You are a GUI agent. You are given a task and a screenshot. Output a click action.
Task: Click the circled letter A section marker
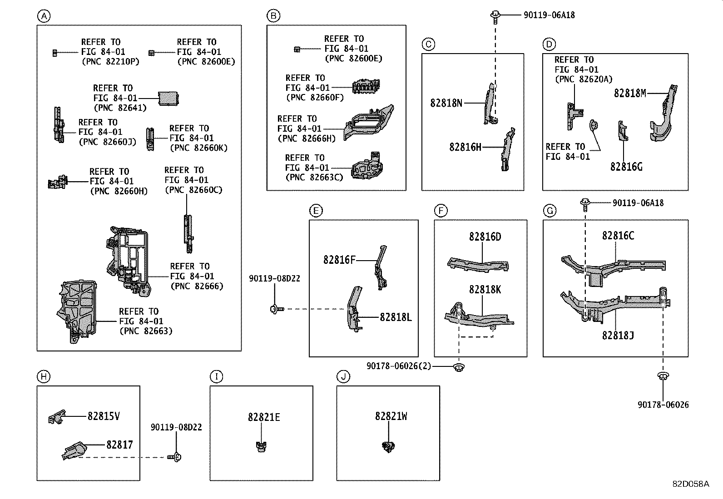click(x=44, y=17)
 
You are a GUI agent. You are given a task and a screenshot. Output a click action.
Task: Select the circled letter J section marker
click(x=343, y=376)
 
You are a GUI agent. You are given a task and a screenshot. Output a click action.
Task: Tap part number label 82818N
click(x=446, y=103)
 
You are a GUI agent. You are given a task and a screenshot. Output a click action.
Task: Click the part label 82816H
click(x=465, y=147)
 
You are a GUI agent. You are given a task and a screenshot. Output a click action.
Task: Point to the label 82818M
click(x=629, y=93)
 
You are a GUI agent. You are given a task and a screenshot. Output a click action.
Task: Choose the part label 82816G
click(x=626, y=167)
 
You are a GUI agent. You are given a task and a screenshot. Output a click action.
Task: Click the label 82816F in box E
click(x=339, y=260)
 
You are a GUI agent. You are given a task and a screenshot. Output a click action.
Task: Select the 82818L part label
click(x=395, y=317)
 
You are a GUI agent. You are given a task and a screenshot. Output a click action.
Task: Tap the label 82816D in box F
click(x=485, y=237)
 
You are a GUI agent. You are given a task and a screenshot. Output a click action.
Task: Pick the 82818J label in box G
click(x=618, y=335)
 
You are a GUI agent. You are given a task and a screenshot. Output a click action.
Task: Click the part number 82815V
click(x=104, y=416)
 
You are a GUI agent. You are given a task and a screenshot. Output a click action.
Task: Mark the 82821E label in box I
click(x=264, y=417)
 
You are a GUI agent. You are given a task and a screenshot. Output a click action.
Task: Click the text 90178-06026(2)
click(x=399, y=366)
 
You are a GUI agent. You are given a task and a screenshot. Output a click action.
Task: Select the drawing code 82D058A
click(x=690, y=484)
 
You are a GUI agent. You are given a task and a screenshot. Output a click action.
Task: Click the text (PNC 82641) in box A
click(x=120, y=108)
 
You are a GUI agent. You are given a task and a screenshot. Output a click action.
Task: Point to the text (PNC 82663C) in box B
click(x=314, y=177)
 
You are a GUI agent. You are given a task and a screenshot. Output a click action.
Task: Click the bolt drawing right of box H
click(x=173, y=457)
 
